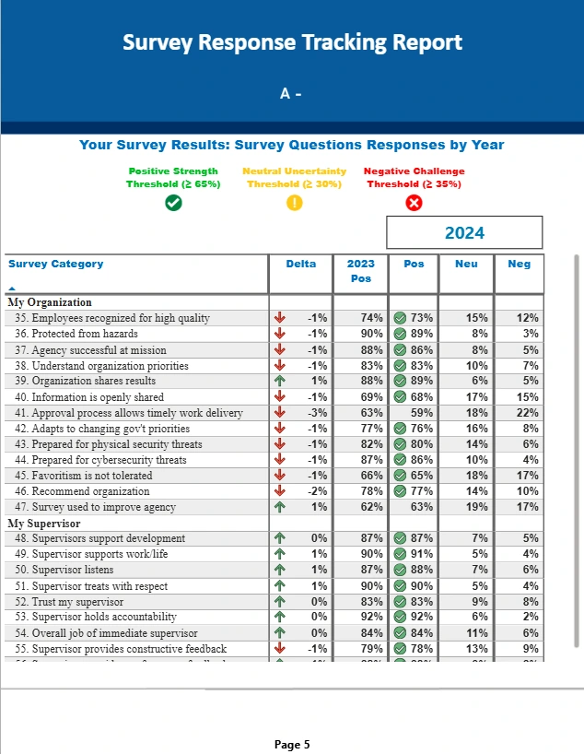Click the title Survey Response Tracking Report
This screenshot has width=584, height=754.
[292, 42]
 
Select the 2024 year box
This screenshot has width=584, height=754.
[464, 233]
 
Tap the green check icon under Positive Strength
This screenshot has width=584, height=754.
[173, 203]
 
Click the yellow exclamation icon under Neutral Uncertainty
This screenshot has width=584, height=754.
[294, 203]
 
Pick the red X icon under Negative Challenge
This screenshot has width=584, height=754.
[414, 203]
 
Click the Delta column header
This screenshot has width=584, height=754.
[300, 264]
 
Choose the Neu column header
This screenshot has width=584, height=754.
[466, 264]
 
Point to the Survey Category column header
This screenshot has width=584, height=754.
[56, 264]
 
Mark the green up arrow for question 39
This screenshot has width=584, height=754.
[280, 381]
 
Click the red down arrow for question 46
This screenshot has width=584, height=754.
[280, 491]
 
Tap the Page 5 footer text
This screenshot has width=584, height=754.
[292, 744]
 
